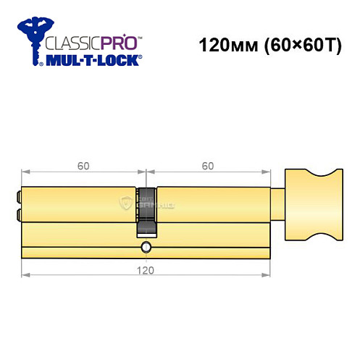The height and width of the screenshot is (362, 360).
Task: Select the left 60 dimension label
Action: click(83, 166)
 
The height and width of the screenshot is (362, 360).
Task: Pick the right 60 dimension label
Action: click(208, 166)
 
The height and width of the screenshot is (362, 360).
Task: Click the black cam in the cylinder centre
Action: click(147, 211)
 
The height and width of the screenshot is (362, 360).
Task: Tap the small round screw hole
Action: click(147, 248)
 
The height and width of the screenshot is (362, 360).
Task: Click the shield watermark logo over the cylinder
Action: click(126, 203)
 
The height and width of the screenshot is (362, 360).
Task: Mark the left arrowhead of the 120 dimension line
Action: click(25, 276)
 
